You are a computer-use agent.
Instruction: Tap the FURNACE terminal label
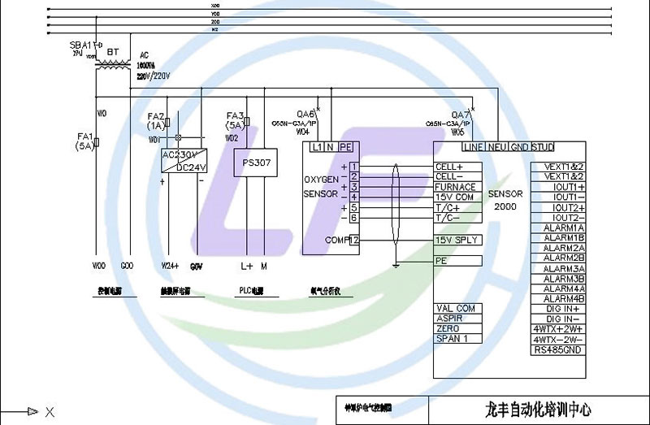point(455,187)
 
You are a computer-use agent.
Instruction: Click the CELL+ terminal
point(449,167)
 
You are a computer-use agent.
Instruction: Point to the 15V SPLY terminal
point(456,240)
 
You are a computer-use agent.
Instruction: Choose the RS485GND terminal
point(557,350)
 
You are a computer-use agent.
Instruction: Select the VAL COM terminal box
point(456,309)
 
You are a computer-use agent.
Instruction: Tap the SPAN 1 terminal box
point(453,338)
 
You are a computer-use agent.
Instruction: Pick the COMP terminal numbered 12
point(354,240)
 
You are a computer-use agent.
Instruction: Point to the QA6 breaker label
point(305,115)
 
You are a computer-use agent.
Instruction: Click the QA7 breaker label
point(461,115)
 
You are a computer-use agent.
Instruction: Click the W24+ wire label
point(169,266)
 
